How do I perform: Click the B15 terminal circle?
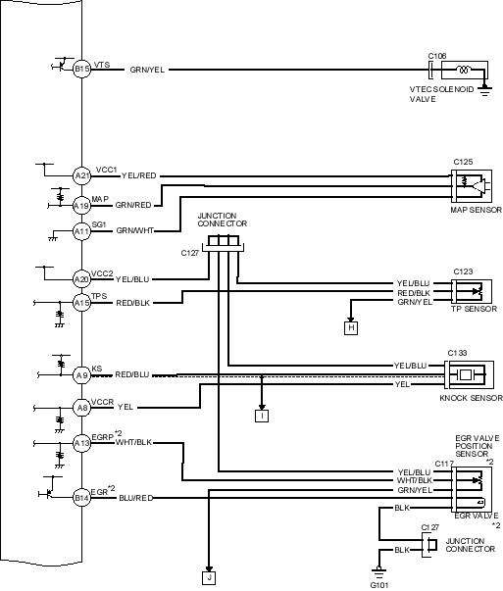(x=81, y=69)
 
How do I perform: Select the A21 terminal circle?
(x=81, y=175)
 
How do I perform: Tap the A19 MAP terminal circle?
(x=81, y=206)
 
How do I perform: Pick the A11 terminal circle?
(x=81, y=231)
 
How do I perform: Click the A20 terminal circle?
(x=81, y=279)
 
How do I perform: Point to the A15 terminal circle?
(x=81, y=303)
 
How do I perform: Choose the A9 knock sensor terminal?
(x=81, y=375)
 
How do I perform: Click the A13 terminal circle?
(x=81, y=443)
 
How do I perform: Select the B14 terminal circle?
(x=81, y=498)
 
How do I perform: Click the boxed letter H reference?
(x=351, y=328)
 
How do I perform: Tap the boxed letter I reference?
(x=262, y=416)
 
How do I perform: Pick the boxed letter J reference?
(x=209, y=578)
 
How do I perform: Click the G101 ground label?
(x=378, y=585)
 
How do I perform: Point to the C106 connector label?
(x=437, y=56)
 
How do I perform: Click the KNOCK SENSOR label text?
(x=472, y=398)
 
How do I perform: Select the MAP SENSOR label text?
(x=477, y=210)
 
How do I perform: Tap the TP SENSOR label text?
(x=475, y=309)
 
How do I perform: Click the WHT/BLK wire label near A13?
(x=134, y=442)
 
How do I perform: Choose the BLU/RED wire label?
(x=136, y=498)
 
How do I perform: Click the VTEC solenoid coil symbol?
(x=463, y=70)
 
